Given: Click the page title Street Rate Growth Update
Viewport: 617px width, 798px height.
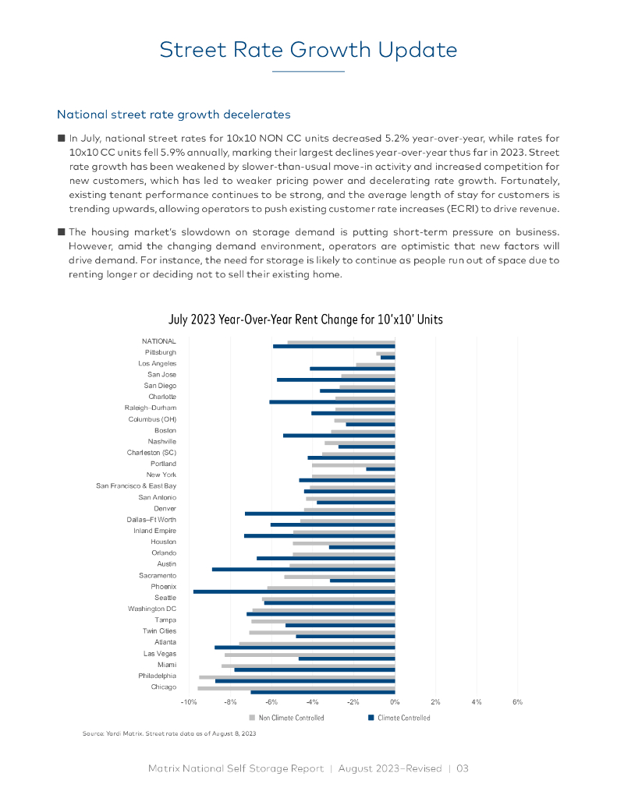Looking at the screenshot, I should (x=308, y=50).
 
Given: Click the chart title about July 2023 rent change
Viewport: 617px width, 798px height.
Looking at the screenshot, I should (x=306, y=320).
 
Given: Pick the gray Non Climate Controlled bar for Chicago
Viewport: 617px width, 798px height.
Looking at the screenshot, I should (x=296, y=688).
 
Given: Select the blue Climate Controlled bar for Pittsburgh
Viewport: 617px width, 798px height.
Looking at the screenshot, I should (x=388, y=357).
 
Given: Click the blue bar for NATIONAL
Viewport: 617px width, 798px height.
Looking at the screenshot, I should (x=334, y=346).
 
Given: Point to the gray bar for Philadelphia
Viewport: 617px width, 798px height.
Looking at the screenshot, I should (x=297, y=677).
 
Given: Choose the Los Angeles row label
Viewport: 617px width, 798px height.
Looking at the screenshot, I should (x=157, y=364).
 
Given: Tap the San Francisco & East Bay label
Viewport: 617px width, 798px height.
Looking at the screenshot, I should (x=137, y=486).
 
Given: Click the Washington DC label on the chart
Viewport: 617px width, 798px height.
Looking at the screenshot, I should (x=152, y=609).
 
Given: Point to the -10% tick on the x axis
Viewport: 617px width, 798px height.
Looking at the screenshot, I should (x=188, y=702).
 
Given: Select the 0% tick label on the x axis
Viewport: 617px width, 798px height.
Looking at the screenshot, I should (x=395, y=702).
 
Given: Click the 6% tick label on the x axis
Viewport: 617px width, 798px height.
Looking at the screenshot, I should (x=517, y=702).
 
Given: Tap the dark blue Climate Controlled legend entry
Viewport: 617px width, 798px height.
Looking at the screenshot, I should (x=399, y=718).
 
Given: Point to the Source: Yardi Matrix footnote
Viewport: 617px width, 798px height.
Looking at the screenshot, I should (x=169, y=733).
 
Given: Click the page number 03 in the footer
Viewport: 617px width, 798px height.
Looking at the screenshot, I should (x=463, y=768).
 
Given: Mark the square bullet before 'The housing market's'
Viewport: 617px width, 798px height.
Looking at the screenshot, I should (x=62, y=231).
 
